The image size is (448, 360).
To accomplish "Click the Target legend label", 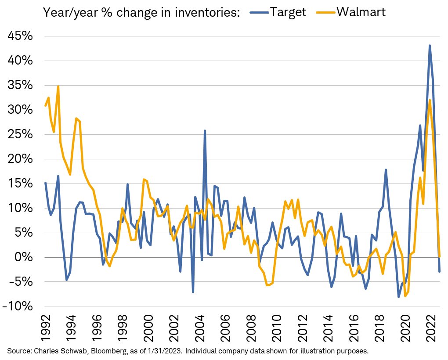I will (288, 11).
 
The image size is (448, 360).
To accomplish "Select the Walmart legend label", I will (361, 11).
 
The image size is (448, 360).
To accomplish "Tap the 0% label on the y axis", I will (24, 257).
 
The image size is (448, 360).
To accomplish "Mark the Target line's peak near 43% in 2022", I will (430, 46).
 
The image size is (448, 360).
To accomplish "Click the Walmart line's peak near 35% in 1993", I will (58, 86).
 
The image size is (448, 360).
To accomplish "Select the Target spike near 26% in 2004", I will (205, 131).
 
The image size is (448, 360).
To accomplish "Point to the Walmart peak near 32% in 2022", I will (430, 100).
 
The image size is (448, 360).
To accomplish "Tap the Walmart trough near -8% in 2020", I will (405, 296).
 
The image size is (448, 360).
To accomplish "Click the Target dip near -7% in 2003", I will (193, 292).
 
